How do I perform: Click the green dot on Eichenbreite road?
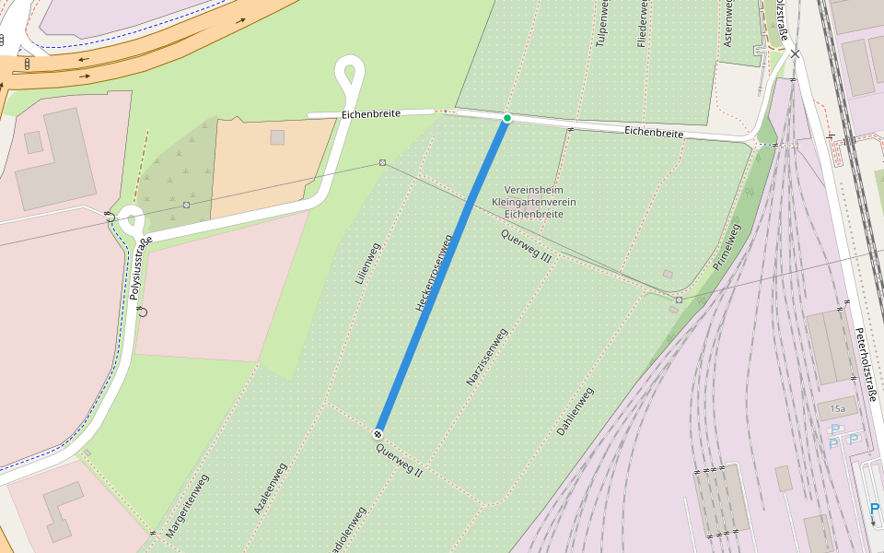(506, 118)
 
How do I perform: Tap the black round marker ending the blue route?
(378, 433)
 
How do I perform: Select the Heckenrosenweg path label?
(435, 273)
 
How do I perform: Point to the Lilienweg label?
(367, 263)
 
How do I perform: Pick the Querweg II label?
(399, 459)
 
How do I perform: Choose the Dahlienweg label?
(576, 411)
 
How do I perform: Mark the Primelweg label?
(727, 246)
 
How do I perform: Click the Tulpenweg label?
(602, 23)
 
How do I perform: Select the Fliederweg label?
(643, 23)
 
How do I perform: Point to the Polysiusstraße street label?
(141, 268)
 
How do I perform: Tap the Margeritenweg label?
(188, 506)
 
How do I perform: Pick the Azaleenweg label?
(270, 488)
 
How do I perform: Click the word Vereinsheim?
(533, 189)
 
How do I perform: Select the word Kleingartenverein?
(533, 201)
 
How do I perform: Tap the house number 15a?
(837, 408)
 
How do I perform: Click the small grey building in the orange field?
(277, 137)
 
